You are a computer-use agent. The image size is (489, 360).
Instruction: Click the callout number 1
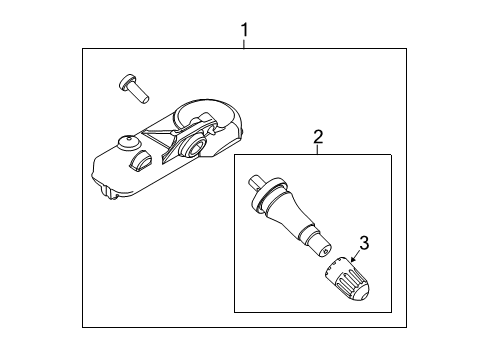245,30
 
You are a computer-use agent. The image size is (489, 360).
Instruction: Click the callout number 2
318,137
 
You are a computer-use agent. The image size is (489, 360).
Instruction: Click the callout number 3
364,243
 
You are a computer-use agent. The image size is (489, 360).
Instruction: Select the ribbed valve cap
347,278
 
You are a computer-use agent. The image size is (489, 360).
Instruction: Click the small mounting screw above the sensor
133,89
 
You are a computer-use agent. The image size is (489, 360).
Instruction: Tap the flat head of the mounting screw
125,82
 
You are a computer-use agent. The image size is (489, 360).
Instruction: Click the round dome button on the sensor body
129,142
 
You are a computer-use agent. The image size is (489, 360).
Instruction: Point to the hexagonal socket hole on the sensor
194,146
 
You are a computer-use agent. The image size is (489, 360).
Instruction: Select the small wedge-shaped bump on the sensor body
139,161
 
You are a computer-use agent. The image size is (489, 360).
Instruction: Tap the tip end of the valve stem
323,250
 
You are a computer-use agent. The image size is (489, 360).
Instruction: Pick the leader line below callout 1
244,44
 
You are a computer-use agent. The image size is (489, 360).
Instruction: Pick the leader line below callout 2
317,150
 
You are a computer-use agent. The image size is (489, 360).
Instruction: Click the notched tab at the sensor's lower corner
109,192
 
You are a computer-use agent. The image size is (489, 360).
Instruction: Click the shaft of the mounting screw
140,94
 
